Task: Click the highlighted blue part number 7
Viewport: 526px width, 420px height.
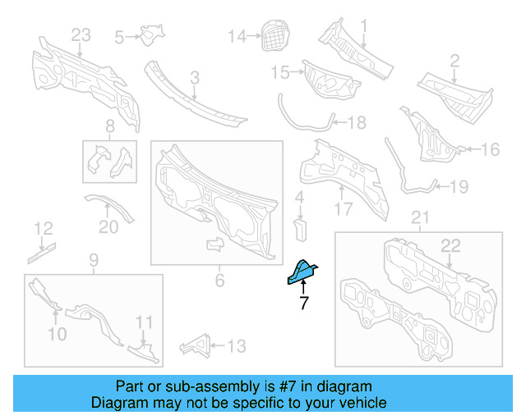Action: [302, 273]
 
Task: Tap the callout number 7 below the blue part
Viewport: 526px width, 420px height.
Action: [303, 304]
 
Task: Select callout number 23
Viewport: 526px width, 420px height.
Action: [80, 35]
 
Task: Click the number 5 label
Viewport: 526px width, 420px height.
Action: [119, 37]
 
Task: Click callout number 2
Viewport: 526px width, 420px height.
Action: [454, 60]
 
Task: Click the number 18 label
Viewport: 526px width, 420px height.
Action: [357, 123]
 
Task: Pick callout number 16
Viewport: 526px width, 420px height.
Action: [490, 149]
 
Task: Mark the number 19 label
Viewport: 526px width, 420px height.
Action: [459, 187]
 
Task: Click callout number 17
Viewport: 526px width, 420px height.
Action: [343, 209]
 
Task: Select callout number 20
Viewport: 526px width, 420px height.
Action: [108, 227]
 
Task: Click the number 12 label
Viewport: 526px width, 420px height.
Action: [43, 228]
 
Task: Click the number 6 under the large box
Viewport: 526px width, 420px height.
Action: [219, 281]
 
